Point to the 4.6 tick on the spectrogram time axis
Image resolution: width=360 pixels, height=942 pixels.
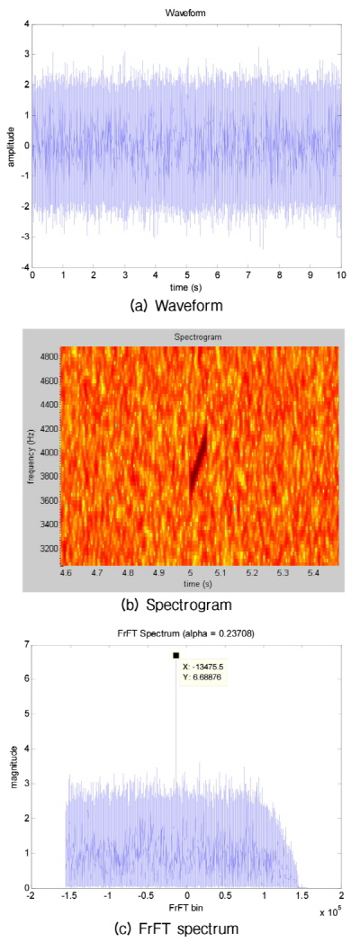pos(66,572)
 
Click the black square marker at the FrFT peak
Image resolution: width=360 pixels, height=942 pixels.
pos(176,656)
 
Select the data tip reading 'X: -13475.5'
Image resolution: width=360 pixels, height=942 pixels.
pos(203,667)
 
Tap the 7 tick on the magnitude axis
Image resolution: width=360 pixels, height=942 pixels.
pos(22,644)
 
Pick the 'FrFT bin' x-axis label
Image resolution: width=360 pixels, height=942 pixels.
pos(186,911)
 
